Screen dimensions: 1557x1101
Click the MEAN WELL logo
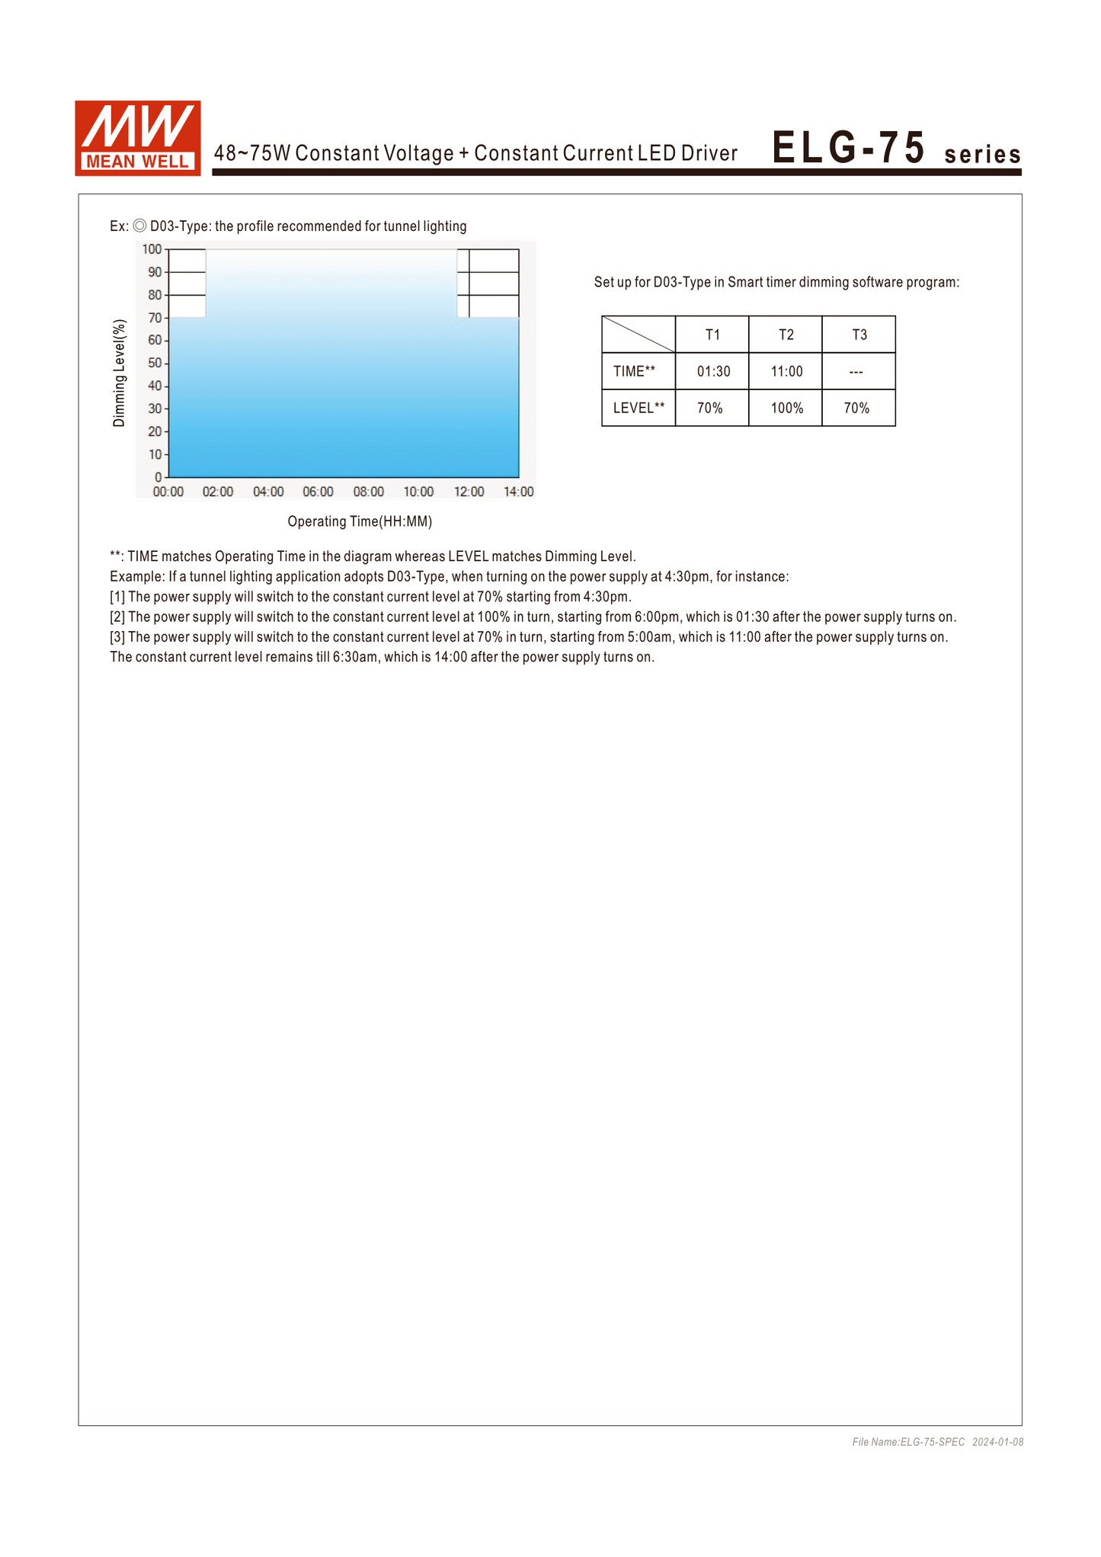pos(138,138)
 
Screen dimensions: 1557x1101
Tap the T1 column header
pos(712,335)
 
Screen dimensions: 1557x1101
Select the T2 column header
pos(786,335)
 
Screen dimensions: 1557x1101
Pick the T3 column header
pos(859,335)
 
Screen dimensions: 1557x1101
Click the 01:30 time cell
pos(713,371)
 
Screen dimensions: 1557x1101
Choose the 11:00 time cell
pos(786,371)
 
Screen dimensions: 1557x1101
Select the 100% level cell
pos(786,408)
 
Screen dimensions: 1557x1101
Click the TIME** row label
pos(634,371)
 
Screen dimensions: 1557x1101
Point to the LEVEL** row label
pos(639,408)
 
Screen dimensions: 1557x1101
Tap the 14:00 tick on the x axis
pos(518,492)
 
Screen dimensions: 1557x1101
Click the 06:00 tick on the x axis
pos(318,492)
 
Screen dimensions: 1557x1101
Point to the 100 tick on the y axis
pos(152,249)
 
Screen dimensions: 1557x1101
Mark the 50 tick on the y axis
pos(155,363)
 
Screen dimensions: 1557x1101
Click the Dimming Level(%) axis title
pos(119,373)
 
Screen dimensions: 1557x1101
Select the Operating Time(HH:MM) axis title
pos(360,521)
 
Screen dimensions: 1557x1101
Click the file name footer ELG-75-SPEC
pos(908,1442)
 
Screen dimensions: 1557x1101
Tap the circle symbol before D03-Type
pos(139,226)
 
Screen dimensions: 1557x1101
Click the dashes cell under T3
pos(856,372)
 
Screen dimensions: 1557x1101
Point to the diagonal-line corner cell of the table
pos(639,335)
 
